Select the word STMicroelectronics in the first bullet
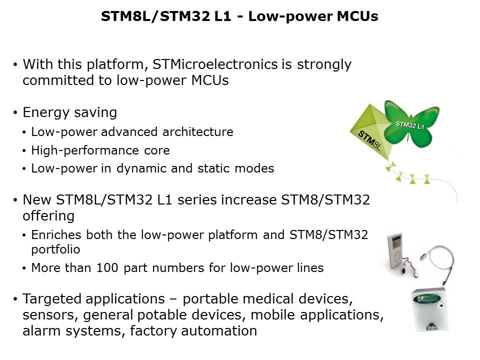point(215,64)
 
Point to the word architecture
point(198,132)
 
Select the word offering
point(48,216)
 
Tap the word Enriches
point(56,235)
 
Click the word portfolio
point(55,249)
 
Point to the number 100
point(107,268)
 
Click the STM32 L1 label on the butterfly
point(410,125)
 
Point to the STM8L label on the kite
point(369,140)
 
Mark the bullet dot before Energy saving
point(15,113)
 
